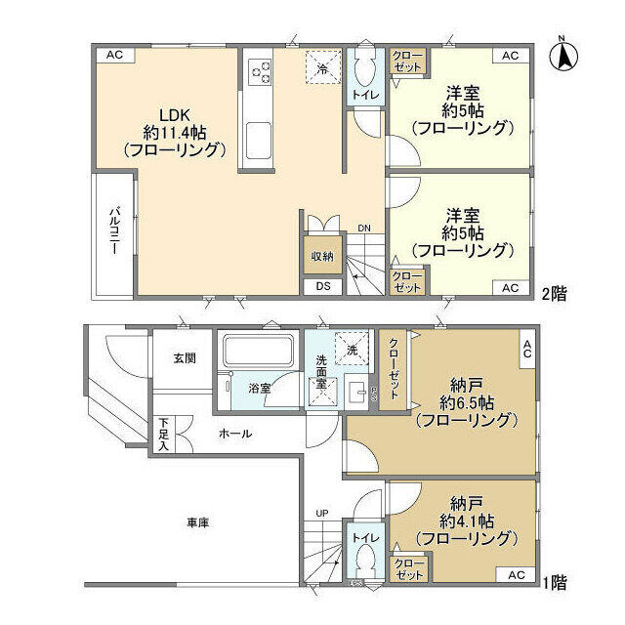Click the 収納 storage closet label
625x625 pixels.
click(x=322, y=256)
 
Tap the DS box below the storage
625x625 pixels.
click(x=322, y=286)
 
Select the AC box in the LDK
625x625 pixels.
click(x=114, y=55)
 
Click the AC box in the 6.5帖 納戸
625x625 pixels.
click(x=526, y=350)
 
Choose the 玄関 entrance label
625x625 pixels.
click(x=185, y=358)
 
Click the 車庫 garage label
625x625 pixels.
click(x=197, y=522)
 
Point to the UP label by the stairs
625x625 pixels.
click(x=321, y=513)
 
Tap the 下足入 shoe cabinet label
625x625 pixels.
click(x=163, y=435)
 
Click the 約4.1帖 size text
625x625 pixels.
click(x=464, y=521)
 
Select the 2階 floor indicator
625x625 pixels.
click(x=555, y=291)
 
